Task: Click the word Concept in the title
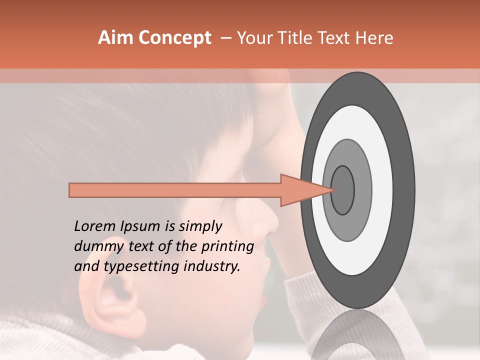[x=174, y=38]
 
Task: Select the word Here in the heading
[x=374, y=38]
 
